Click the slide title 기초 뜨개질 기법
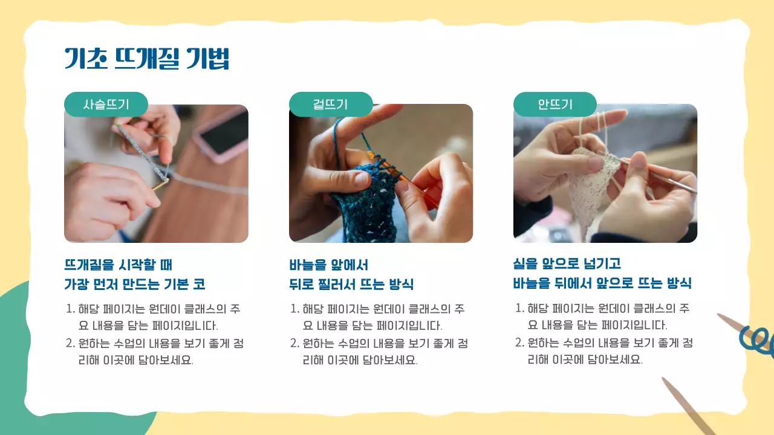point(147,59)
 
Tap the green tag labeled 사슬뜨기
point(106,104)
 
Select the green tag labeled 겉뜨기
point(330,104)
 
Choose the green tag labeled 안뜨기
point(554,104)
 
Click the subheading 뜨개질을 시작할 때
point(119,265)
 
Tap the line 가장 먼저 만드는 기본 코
point(139,284)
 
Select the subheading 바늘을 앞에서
point(329,265)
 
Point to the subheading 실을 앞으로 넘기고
point(567,264)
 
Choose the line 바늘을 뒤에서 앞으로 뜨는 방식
point(602,283)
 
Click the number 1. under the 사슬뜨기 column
point(70,309)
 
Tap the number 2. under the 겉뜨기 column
point(294,344)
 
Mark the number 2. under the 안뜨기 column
point(519,343)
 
